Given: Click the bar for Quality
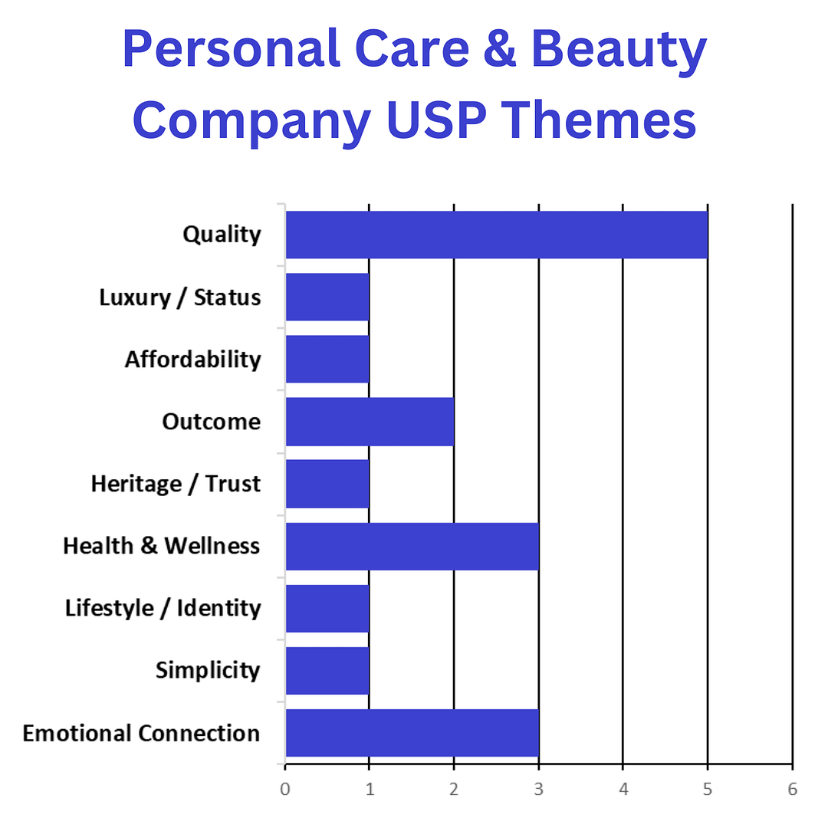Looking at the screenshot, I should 496,235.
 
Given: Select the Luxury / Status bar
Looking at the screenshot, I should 327,297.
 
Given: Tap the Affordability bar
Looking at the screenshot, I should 327,359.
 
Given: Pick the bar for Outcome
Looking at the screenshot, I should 370,421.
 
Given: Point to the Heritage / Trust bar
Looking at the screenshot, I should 327,483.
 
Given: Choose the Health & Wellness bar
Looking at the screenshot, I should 412,546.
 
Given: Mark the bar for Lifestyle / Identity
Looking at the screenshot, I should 327,608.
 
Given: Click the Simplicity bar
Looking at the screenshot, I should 327,670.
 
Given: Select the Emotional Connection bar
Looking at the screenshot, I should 412,733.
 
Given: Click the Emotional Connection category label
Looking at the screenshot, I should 141,733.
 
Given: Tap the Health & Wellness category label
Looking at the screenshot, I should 161,546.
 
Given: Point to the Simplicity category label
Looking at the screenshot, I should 208,670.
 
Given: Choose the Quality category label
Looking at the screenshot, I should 222,235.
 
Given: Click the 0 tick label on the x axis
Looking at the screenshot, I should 285,788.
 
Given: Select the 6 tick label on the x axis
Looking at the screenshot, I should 792,788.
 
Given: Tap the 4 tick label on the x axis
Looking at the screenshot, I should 623,788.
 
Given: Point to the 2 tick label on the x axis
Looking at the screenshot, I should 454,788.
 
